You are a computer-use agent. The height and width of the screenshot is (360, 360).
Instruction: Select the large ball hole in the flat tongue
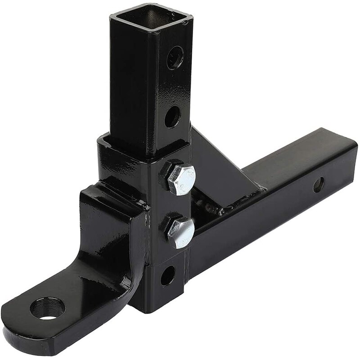(x=47, y=309)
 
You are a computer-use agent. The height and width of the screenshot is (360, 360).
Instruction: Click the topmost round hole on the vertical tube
(x=175, y=58)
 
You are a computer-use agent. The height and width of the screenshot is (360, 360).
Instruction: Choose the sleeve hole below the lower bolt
(x=167, y=275)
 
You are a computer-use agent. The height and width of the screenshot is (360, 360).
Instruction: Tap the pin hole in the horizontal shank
(x=318, y=184)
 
